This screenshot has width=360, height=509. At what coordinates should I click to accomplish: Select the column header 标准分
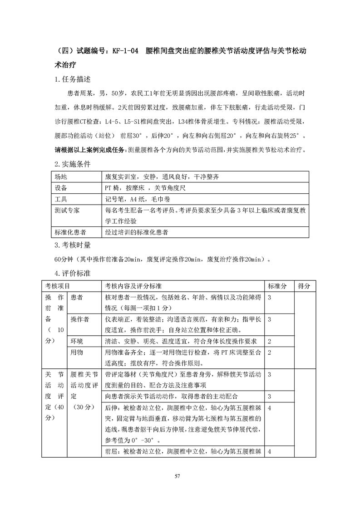tap(277, 286)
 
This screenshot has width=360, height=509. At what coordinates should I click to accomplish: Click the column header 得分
tap(304, 286)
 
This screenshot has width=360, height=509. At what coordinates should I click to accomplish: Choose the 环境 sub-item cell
tap(76, 341)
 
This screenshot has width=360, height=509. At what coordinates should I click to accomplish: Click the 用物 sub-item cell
tap(76, 352)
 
